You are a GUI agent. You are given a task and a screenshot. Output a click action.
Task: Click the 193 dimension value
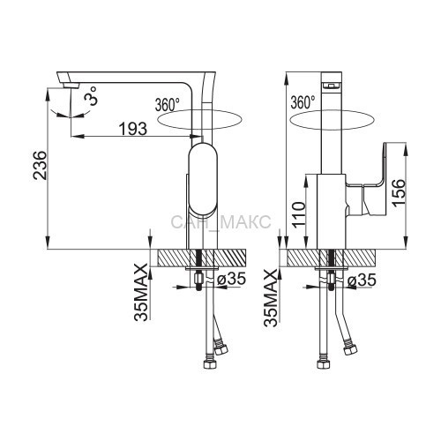[133, 129]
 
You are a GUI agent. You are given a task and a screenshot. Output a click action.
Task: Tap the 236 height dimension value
[40, 165]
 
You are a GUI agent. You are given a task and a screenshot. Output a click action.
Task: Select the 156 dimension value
[399, 193]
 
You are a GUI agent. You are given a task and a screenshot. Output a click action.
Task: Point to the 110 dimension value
[299, 215]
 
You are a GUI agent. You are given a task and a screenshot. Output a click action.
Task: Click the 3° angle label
[90, 96]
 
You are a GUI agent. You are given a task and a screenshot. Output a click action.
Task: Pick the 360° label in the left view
[167, 104]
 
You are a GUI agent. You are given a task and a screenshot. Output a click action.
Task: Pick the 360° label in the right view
[303, 102]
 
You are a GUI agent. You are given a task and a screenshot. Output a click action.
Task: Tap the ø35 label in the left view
[231, 279]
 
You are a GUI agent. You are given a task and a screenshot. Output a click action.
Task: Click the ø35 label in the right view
[362, 280]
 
